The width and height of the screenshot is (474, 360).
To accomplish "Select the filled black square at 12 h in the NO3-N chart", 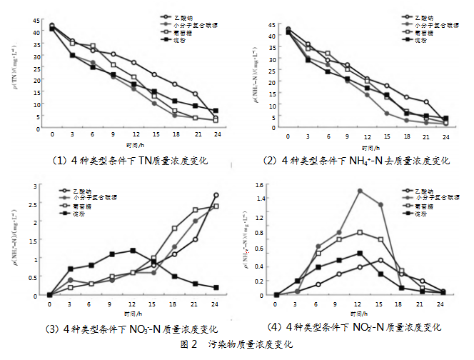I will point(133,251).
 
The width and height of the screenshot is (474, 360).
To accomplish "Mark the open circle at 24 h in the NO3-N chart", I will point(216,195).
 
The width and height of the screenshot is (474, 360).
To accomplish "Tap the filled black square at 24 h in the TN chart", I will point(216,111).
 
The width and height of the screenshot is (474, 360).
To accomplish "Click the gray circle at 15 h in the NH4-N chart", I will point(387,113).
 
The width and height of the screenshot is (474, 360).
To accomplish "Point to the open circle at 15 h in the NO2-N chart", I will point(381,260).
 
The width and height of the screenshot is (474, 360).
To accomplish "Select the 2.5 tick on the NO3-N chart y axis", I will point(35,204).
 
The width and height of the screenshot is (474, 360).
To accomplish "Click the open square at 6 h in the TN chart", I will point(93,46).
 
